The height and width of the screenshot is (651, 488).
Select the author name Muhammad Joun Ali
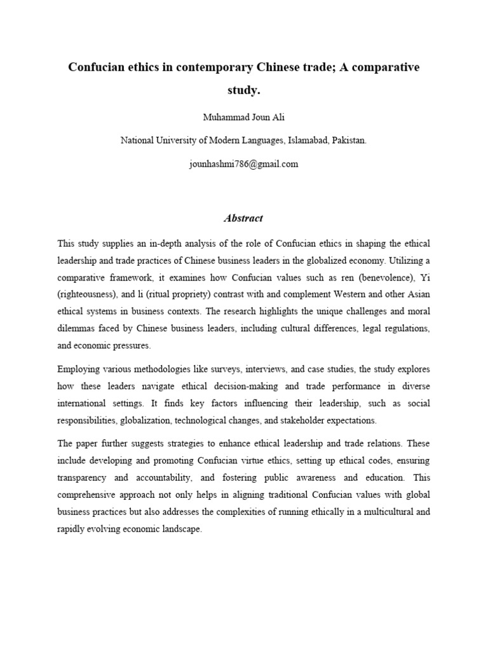click(x=244, y=118)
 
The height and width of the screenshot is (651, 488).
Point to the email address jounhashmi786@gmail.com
click(x=244, y=163)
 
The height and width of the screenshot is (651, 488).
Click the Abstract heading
click(x=243, y=218)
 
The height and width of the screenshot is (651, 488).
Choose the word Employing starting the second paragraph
click(x=79, y=369)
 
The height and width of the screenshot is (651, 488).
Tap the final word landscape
click(x=180, y=528)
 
